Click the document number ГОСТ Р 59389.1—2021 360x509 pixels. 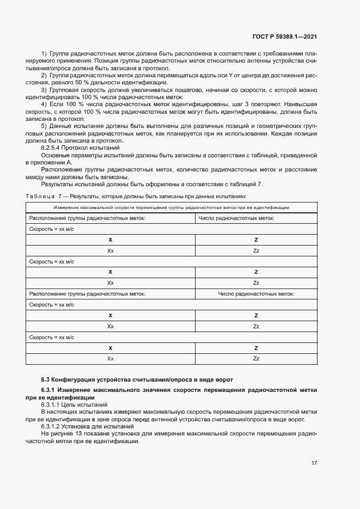[x=285, y=36]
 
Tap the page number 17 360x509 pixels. [x=314, y=463]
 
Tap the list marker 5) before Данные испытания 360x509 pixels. [x=44, y=125]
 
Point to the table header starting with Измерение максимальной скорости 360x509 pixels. [x=171, y=207]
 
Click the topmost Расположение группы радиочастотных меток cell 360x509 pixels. [x=87, y=218]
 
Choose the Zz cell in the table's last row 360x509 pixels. [x=255, y=358]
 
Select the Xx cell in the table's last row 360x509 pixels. [x=110, y=358]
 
